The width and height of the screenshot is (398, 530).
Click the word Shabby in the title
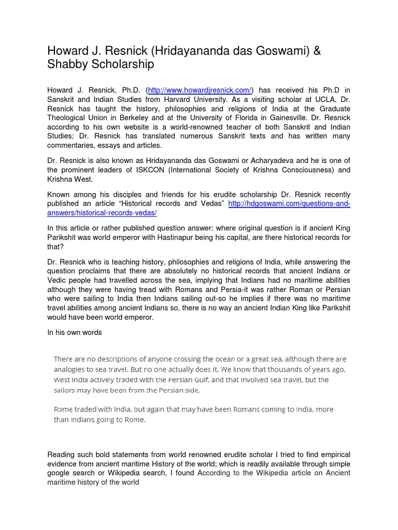pos(67,64)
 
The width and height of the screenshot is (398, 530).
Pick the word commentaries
pos(70,146)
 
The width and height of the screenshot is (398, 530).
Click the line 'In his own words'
pos(75,332)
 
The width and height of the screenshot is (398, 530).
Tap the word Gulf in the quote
pos(215,379)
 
